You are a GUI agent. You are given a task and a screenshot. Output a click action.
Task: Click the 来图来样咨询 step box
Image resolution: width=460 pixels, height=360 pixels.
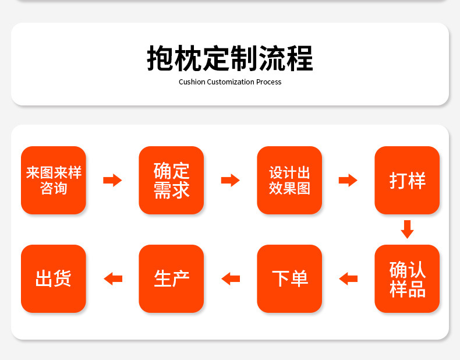point(54,180)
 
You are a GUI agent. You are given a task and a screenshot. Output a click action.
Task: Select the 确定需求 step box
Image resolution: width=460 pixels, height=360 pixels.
point(171,180)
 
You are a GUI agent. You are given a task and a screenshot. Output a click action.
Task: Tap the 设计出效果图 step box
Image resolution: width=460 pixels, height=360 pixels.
point(289,180)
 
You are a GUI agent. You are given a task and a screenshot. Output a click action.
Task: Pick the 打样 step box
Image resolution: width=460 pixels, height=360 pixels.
point(407,180)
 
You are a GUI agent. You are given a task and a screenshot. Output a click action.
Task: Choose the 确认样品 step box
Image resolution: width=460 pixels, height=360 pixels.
point(407,278)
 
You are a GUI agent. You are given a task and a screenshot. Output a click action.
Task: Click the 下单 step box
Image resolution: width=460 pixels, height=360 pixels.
point(289,278)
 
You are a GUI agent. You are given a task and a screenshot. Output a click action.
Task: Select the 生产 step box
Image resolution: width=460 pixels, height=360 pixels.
point(171,278)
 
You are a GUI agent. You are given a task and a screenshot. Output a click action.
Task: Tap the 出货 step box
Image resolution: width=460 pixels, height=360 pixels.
point(54,278)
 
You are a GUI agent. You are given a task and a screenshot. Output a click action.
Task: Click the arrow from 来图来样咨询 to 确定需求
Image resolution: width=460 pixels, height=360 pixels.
point(112,180)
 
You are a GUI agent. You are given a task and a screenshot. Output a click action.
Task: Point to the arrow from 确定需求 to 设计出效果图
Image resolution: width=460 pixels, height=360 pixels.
point(231,180)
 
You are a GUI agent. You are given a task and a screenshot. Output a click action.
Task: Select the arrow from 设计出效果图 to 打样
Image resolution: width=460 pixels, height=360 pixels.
point(348,180)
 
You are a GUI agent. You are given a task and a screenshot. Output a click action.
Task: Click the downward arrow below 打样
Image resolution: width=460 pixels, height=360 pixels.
point(407,230)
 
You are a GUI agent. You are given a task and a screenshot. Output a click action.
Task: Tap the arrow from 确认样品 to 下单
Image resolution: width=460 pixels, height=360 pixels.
point(348,278)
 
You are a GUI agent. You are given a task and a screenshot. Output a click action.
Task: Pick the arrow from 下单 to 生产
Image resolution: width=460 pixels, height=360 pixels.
point(231,278)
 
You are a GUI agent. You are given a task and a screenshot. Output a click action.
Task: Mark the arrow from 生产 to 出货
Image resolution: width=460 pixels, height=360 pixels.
point(113,278)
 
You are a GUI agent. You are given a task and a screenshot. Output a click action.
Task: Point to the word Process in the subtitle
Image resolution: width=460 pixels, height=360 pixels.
point(269,82)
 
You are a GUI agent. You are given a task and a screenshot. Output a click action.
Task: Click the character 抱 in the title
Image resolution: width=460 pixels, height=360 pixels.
point(160,58)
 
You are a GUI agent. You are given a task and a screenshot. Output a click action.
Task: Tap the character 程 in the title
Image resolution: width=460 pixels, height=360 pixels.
point(300,58)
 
